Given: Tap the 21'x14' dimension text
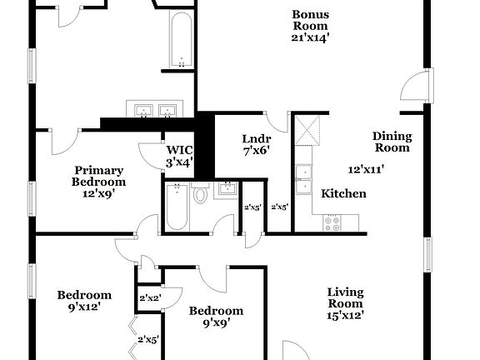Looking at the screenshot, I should coord(310,37).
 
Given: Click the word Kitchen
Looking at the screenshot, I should coord(344,193).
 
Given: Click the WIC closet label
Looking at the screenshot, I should coord(179,150).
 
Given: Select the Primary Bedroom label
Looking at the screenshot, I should coord(98,175).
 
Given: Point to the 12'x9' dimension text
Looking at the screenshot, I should coord(98,193).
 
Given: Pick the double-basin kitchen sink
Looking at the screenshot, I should coord(303,179).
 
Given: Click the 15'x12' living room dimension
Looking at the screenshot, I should coord(345,316).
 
